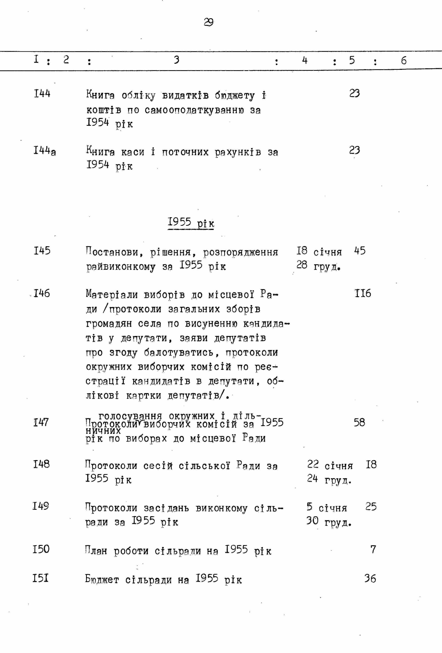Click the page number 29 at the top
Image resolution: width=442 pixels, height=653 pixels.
pyautogui.click(x=208, y=22)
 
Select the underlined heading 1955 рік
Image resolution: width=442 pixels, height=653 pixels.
pyautogui.click(x=191, y=223)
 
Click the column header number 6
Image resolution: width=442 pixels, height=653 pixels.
pyautogui.click(x=404, y=60)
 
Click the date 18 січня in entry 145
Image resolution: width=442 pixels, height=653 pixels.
pyautogui.click(x=319, y=251)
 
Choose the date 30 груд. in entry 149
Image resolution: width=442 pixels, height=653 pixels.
pyautogui.click(x=329, y=521)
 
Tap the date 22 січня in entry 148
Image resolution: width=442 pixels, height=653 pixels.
pyautogui.click(x=330, y=465)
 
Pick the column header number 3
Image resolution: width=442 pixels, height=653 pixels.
pyautogui.click(x=176, y=60)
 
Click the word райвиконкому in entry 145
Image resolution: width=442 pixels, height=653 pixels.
pyautogui.click(x=121, y=266)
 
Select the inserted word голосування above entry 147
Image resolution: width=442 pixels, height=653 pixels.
pyautogui.click(x=130, y=415)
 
